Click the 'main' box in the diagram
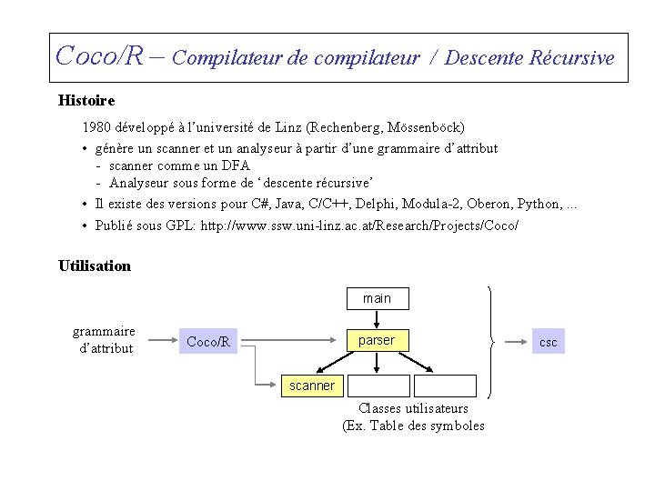coord(377,298)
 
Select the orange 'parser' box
coord(377,340)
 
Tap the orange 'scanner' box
coord(311,386)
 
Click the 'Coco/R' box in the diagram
coord(208,342)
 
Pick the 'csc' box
coord(549,343)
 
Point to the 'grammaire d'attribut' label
coord(105,339)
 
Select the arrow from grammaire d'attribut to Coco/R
coord(156,343)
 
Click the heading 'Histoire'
coord(86,100)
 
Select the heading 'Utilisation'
coord(95,266)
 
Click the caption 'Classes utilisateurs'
coord(414,409)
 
